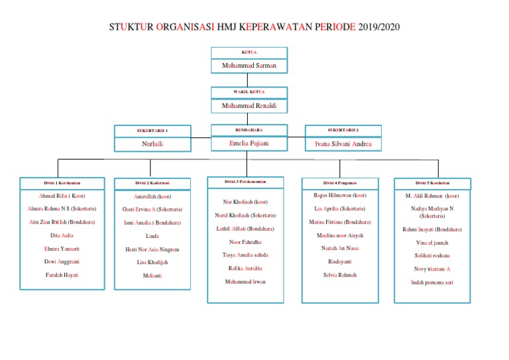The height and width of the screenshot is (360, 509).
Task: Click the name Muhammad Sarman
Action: coord(249,66)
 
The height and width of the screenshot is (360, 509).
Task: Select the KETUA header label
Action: coord(249,52)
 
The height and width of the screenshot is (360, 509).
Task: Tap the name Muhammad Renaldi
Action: coord(249,106)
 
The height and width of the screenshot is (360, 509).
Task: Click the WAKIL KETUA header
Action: coord(249,92)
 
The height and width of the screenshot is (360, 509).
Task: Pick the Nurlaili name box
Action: coord(152,144)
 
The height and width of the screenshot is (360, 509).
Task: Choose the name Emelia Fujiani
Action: coord(249,143)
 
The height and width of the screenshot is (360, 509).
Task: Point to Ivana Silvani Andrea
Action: coord(343,144)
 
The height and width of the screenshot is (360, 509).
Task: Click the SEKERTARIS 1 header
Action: coord(152,131)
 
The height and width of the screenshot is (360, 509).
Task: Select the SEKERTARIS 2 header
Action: coord(343,130)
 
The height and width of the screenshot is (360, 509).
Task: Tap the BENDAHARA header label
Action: coord(249,130)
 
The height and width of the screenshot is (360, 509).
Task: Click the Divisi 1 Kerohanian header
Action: coord(62,182)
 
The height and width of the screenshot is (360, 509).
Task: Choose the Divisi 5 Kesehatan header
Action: coord(433,183)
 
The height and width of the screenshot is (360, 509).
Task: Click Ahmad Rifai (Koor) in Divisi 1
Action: coord(62,196)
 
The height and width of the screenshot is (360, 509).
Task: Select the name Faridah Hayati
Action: coord(62,275)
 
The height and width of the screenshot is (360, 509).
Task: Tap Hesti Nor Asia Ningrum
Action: coord(152,249)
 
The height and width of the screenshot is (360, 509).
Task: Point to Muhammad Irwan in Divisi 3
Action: coord(246,282)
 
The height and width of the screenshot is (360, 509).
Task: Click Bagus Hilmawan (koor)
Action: coord(340,196)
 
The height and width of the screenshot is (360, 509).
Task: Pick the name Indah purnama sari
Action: coord(432,282)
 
